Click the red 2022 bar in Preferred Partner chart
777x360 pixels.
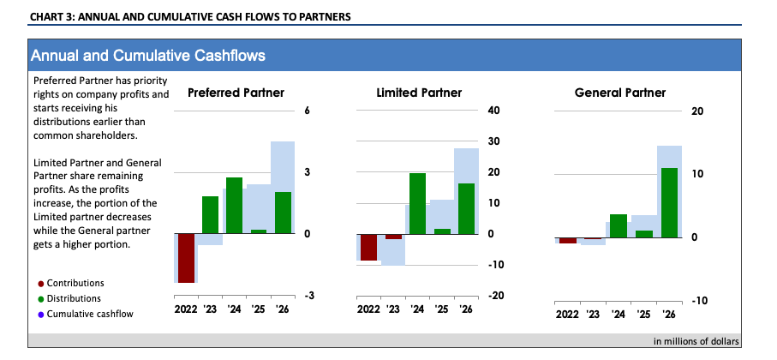click(x=186, y=257)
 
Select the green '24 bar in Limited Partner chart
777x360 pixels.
click(x=417, y=203)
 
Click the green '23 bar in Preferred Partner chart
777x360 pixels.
click(x=210, y=214)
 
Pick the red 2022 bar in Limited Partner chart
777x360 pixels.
click(x=368, y=247)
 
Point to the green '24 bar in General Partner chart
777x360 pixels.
click(x=619, y=225)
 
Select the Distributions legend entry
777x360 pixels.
click(x=74, y=298)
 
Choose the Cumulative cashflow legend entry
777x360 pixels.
click(x=84, y=314)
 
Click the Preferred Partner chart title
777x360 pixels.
click(x=236, y=93)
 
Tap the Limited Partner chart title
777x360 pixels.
click(x=419, y=93)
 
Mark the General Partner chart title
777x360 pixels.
click(x=619, y=93)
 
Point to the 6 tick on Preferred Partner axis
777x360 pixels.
click(x=306, y=111)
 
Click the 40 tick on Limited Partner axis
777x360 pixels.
click(x=493, y=111)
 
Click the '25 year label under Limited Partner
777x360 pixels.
click(x=441, y=309)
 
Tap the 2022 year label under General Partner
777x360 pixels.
click(x=567, y=314)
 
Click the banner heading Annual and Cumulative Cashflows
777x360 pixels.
click(x=147, y=56)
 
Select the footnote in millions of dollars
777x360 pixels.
click(x=690, y=341)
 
